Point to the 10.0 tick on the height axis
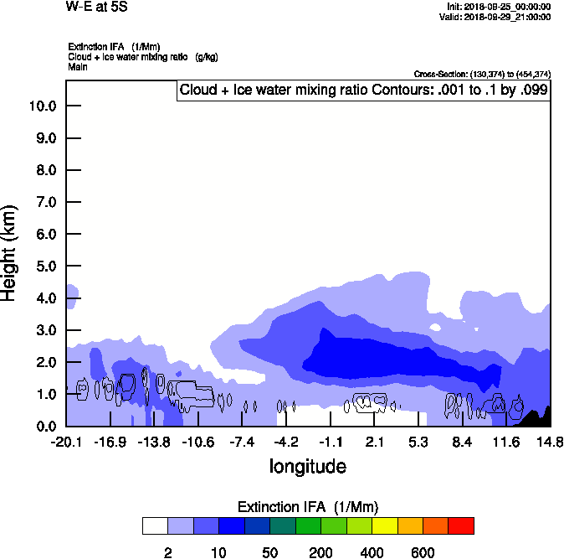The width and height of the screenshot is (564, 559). [x=42, y=106]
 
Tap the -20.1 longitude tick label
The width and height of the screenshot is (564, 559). [x=65, y=442]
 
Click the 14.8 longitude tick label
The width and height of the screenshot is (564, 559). [x=550, y=442]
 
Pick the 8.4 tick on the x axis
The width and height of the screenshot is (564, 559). [x=463, y=442]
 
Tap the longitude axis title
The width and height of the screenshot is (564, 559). [x=307, y=465]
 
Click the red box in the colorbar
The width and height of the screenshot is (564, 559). [x=461, y=525]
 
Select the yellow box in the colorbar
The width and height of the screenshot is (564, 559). [x=384, y=525]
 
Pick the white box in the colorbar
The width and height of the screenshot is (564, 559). [x=155, y=525]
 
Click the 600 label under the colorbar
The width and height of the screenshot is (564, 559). [x=423, y=552]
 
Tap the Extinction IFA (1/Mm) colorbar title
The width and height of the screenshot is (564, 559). [x=307, y=507]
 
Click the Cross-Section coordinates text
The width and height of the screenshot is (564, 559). [x=482, y=74]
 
